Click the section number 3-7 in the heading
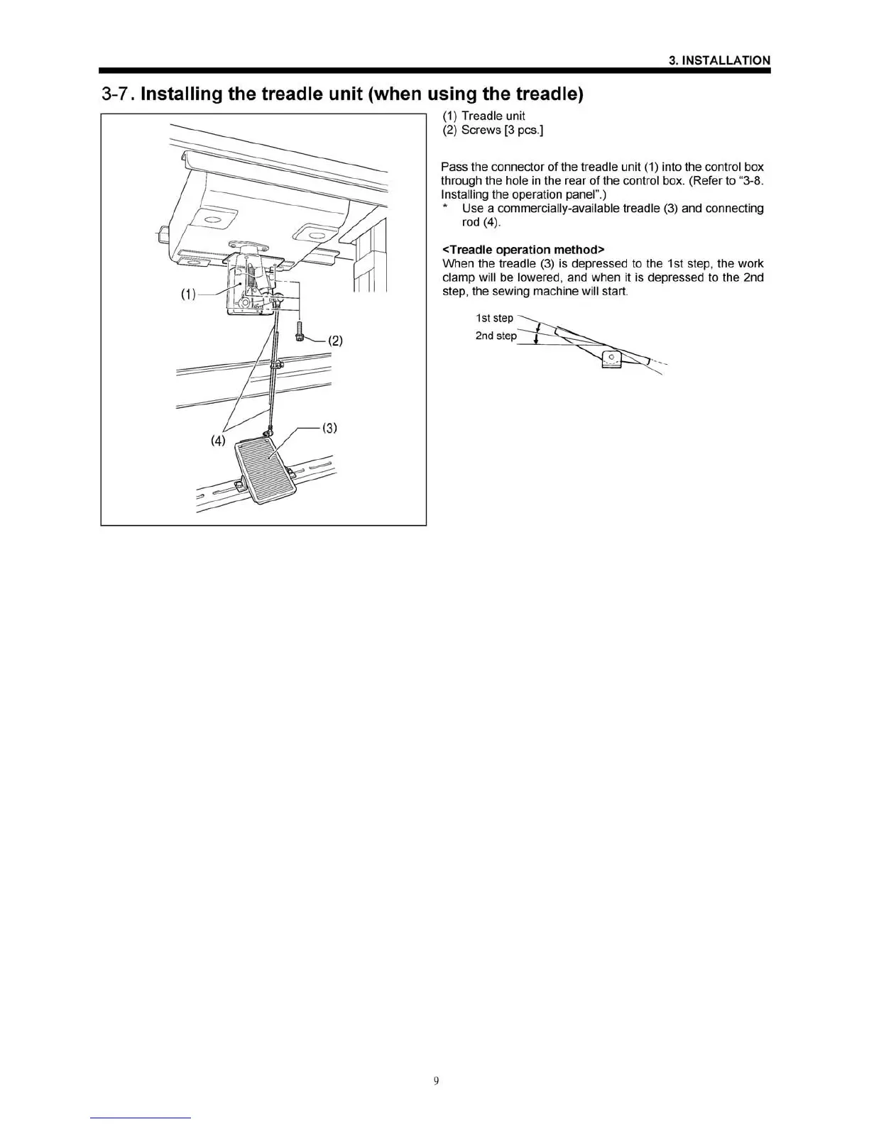point(118,94)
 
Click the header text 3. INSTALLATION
point(719,60)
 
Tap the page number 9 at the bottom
point(436,1081)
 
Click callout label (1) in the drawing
point(188,294)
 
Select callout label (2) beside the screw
point(334,341)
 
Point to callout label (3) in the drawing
point(329,428)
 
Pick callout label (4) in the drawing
point(218,441)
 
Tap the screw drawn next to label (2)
point(300,331)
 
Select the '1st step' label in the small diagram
point(494,318)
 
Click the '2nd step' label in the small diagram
point(496,336)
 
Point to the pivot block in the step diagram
point(611,359)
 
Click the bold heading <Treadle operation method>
point(523,250)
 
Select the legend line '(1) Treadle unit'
point(483,116)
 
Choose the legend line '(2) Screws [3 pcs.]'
point(492,130)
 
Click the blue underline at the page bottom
point(141,1118)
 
